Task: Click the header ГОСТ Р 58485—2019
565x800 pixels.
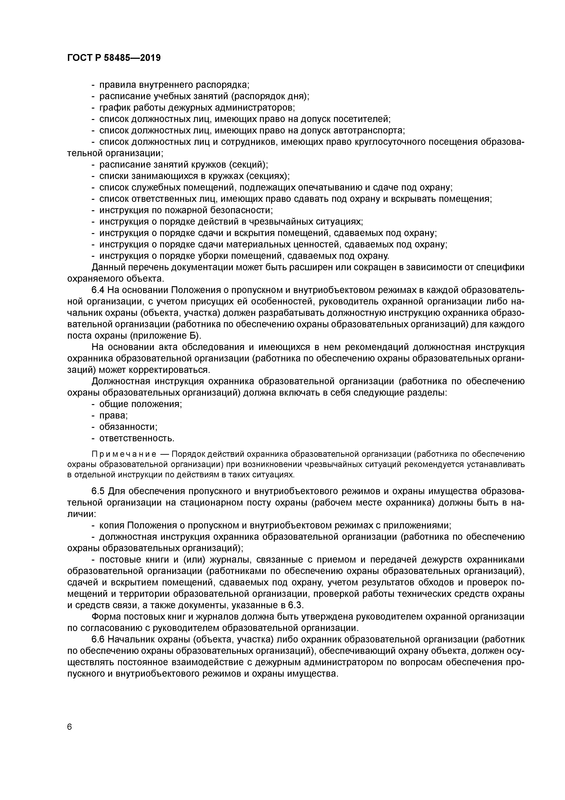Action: (x=114, y=58)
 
